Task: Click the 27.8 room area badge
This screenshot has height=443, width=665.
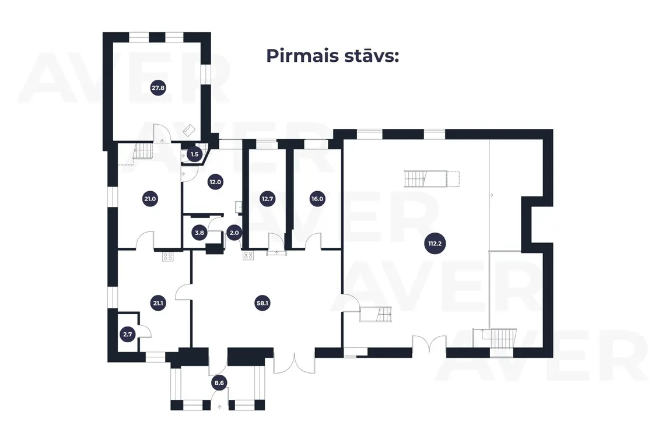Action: (x=158, y=88)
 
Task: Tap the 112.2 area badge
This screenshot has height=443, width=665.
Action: (x=435, y=243)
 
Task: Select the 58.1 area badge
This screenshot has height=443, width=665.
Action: (x=262, y=303)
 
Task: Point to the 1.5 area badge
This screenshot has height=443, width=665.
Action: (x=194, y=154)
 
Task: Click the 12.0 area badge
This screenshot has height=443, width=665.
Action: (x=215, y=182)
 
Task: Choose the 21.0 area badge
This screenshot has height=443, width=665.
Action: (x=150, y=198)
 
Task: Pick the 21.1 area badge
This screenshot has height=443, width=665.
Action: (x=158, y=303)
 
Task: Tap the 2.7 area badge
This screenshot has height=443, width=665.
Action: (x=128, y=334)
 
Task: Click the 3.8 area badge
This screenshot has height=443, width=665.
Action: (x=199, y=233)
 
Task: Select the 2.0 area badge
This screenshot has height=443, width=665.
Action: (x=234, y=233)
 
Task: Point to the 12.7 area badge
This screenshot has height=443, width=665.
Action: (x=268, y=198)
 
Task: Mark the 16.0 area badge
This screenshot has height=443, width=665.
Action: (x=317, y=198)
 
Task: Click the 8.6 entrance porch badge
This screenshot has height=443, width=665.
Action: (x=219, y=383)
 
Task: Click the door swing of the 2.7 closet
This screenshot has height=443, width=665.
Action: (x=145, y=331)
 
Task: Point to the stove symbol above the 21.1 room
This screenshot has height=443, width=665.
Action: (x=168, y=256)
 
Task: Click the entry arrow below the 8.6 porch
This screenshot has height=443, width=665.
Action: (x=220, y=407)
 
